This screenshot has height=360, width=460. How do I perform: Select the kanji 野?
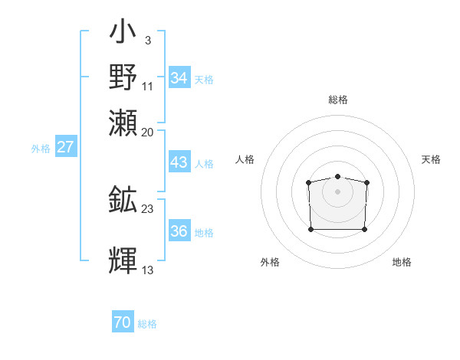pos(123,77)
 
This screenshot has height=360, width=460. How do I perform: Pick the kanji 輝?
pos(123,260)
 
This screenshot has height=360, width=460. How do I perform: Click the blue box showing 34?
pos(179,77)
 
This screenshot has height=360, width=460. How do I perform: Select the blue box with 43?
pos(179,162)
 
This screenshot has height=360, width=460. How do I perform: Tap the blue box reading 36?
pos(179,231)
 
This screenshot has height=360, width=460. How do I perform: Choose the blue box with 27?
pos(65,147)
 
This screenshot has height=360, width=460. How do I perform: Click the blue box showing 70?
pos(123,322)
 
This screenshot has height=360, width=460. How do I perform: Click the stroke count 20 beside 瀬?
pos(148,132)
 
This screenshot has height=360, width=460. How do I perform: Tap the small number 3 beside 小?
pos(147,40)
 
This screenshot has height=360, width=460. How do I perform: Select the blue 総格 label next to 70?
pos(147,324)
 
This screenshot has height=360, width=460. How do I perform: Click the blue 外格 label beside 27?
pos(41,149)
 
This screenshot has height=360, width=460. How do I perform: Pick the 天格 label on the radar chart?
pos(431,159)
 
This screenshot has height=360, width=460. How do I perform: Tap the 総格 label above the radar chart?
pos(338,100)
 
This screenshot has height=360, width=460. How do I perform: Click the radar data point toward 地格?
pos(364,229)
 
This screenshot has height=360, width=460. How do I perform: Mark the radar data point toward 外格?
pos(310,229)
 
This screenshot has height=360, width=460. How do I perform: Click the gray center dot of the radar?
pos(337,191)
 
